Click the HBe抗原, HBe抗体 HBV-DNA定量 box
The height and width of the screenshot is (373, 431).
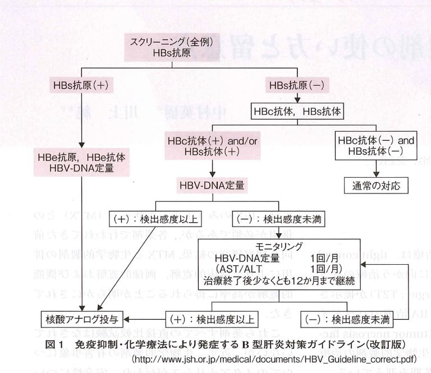coord(82,162)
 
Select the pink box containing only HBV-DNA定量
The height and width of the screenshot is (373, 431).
coord(212,184)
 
